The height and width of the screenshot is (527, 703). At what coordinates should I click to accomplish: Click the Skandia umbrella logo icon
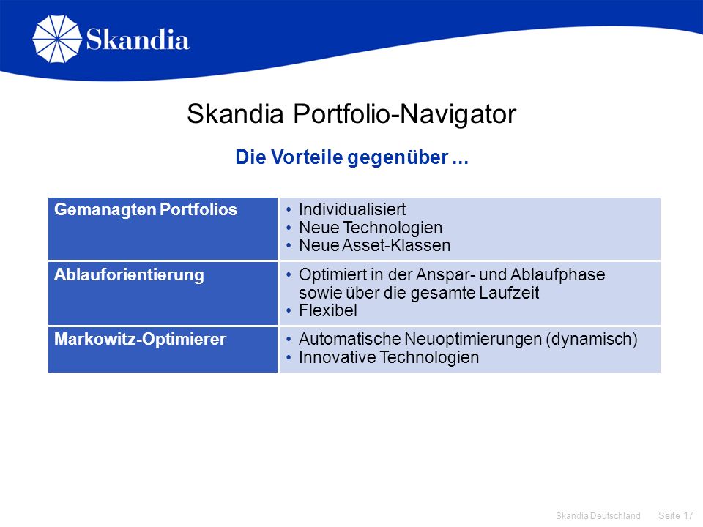pyautogui.click(x=57, y=39)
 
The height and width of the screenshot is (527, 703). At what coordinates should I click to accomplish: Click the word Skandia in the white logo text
pyautogui.click(x=138, y=40)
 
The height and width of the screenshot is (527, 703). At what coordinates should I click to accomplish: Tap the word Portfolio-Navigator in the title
pyautogui.click(x=404, y=114)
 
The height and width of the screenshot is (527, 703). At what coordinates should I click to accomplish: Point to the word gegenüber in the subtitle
pyautogui.click(x=398, y=158)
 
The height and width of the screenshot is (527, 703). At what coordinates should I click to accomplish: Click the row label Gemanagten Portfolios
pyautogui.click(x=146, y=210)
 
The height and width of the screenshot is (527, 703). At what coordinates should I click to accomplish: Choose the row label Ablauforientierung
pyautogui.click(x=129, y=274)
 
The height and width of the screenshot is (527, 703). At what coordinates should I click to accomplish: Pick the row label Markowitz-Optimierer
pyautogui.click(x=140, y=339)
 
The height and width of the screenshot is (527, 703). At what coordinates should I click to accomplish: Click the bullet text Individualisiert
pyautogui.click(x=352, y=209)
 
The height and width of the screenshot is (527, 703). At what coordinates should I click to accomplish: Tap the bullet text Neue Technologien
pyautogui.click(x=371, y=228)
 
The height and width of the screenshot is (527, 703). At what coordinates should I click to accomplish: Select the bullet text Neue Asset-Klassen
pyautogui.click(x=375, y=246)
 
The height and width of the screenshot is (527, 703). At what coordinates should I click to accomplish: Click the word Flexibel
pyautogui.click(x=328, y=310)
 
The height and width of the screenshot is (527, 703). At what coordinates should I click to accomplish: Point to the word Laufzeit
pyautogui.click(x=509, y=293)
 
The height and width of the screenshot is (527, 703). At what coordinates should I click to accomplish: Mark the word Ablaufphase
pyautogui.click(x=558, y=274)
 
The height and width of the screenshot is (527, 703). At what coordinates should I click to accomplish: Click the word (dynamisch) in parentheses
pyautogui.click(x=592, y=339)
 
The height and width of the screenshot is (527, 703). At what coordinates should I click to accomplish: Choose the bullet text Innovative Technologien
pyautogui.click(x=389, y=358)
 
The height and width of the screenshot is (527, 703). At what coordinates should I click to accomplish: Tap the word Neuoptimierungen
pyautogui.click(x=473, y=339)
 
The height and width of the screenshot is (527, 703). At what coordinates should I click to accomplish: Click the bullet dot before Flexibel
pyautogui.click(x=289, y=310)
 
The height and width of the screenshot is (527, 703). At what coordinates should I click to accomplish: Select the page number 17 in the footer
pyautogui.click(x=688, y=516)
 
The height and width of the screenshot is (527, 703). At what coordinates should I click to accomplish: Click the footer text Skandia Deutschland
pyautogui.click(x=598, y=516)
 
